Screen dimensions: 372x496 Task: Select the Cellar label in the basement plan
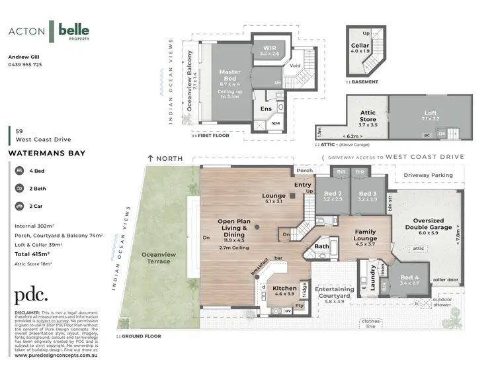360,46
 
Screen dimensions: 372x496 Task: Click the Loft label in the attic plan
430,113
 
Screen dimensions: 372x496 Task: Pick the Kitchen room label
285,289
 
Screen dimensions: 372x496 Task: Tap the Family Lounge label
365,235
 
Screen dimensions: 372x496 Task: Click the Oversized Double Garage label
433,224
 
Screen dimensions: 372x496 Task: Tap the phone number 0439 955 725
25,65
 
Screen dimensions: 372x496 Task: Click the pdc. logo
31,295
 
